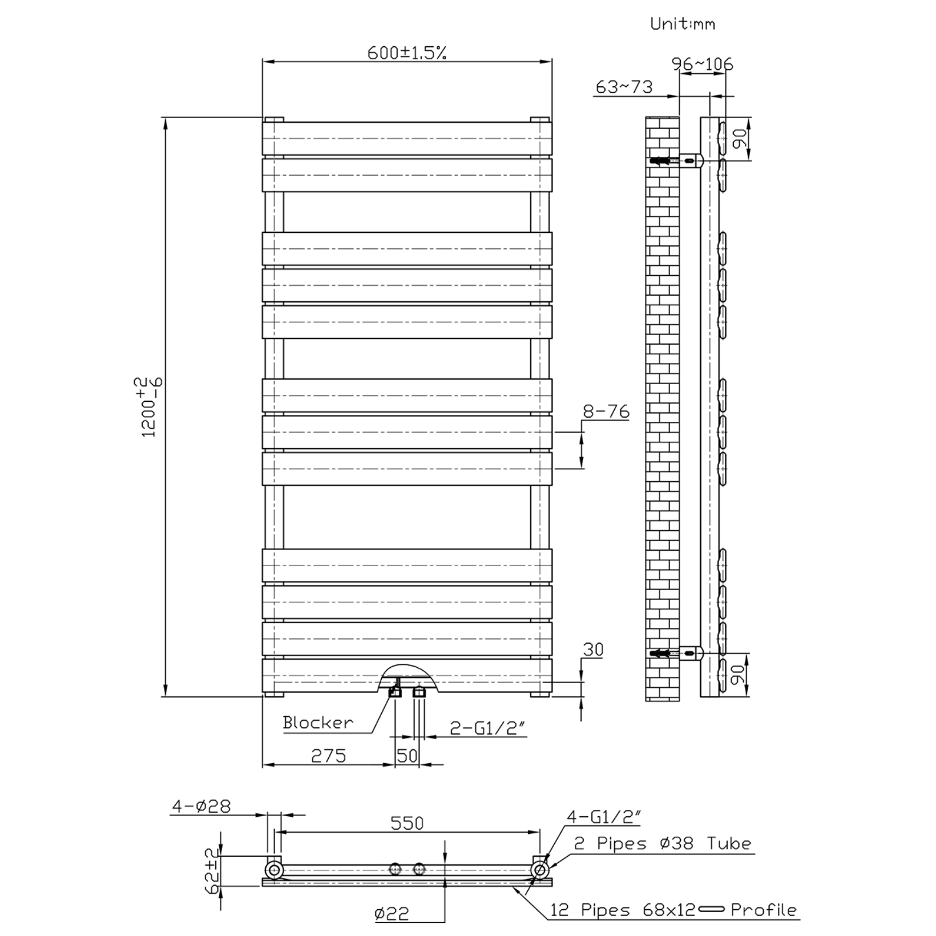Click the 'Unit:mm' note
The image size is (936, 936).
coord(683,24)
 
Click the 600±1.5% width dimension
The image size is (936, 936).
coord(407,53)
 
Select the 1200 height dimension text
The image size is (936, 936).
coord(151,406)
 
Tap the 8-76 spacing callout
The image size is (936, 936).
coord(606,411)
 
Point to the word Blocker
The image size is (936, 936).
coord(318,723)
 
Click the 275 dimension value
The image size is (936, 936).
coord(329,756)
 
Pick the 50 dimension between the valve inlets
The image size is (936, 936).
coord(408,756)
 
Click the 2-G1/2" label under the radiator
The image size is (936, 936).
coord(488,728)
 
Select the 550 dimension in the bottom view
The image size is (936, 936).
coord(408,823)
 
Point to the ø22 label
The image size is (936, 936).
coord(392,914)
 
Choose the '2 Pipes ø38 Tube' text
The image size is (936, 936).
coord(663,844)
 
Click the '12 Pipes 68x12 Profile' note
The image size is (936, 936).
coord(673,909)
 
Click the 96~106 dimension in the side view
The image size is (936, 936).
coord(703,64)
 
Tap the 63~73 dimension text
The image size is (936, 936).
coord(624,87)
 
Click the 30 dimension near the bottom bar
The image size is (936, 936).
coord(593,649)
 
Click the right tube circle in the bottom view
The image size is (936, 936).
coord(539,870)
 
